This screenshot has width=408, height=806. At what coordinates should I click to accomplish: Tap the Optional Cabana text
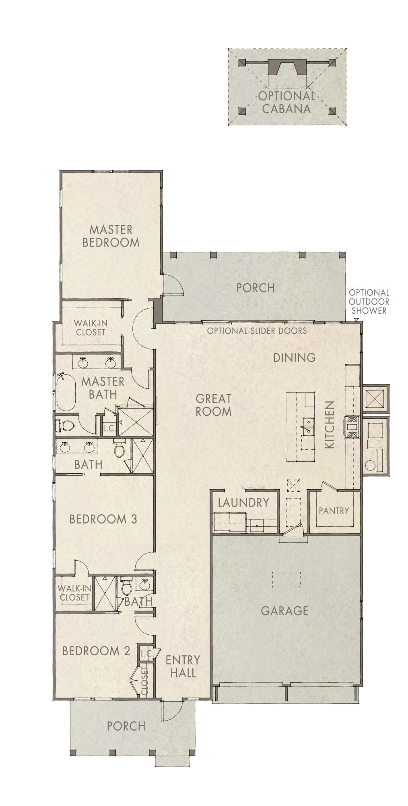286,102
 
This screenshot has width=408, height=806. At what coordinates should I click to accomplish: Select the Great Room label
213,405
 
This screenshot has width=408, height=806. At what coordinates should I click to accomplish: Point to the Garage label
284,611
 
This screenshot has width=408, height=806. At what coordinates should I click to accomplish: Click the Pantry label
334,511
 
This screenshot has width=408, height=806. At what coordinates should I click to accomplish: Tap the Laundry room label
243,503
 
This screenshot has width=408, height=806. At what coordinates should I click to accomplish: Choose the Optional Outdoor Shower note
369,301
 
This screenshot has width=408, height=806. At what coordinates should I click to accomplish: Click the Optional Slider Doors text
257,331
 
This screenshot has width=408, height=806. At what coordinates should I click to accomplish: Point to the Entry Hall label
183,666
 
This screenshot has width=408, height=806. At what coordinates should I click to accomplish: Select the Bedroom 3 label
103,519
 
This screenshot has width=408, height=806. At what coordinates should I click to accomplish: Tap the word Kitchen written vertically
330,424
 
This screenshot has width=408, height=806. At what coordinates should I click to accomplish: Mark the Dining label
294,357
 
